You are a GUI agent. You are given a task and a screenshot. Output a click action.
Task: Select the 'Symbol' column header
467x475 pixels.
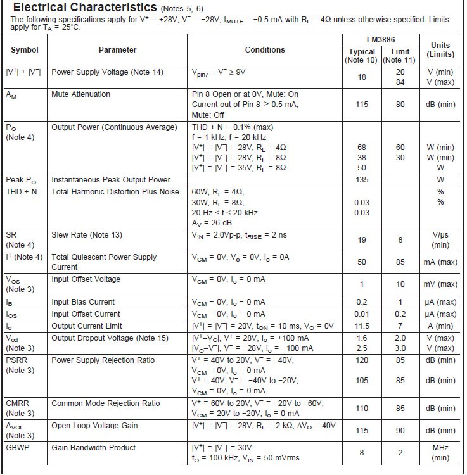25,50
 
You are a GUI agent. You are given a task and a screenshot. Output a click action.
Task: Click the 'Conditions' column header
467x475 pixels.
265,50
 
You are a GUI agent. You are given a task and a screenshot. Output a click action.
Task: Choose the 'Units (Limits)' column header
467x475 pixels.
440,50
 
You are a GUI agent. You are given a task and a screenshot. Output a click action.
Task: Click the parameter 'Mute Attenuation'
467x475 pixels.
80,94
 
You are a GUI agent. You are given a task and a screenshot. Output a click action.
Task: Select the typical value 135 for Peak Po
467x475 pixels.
362,180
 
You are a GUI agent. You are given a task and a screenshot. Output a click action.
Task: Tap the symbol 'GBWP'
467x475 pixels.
18,448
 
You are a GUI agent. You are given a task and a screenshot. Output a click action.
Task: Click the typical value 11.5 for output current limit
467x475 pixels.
362,326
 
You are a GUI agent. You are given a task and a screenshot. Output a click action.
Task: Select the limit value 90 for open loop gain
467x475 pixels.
400,431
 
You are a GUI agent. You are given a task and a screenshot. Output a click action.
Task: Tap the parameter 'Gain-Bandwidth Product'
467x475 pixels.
93,448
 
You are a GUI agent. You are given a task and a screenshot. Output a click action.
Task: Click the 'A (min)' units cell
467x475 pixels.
440,326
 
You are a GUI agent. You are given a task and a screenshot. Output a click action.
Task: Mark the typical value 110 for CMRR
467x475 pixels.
362,408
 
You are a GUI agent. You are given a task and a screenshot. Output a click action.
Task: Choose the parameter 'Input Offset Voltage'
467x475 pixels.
86,279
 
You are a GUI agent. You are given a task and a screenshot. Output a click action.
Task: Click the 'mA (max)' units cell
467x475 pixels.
440,262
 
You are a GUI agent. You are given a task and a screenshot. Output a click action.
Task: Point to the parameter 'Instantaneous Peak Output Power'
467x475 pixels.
110,180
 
